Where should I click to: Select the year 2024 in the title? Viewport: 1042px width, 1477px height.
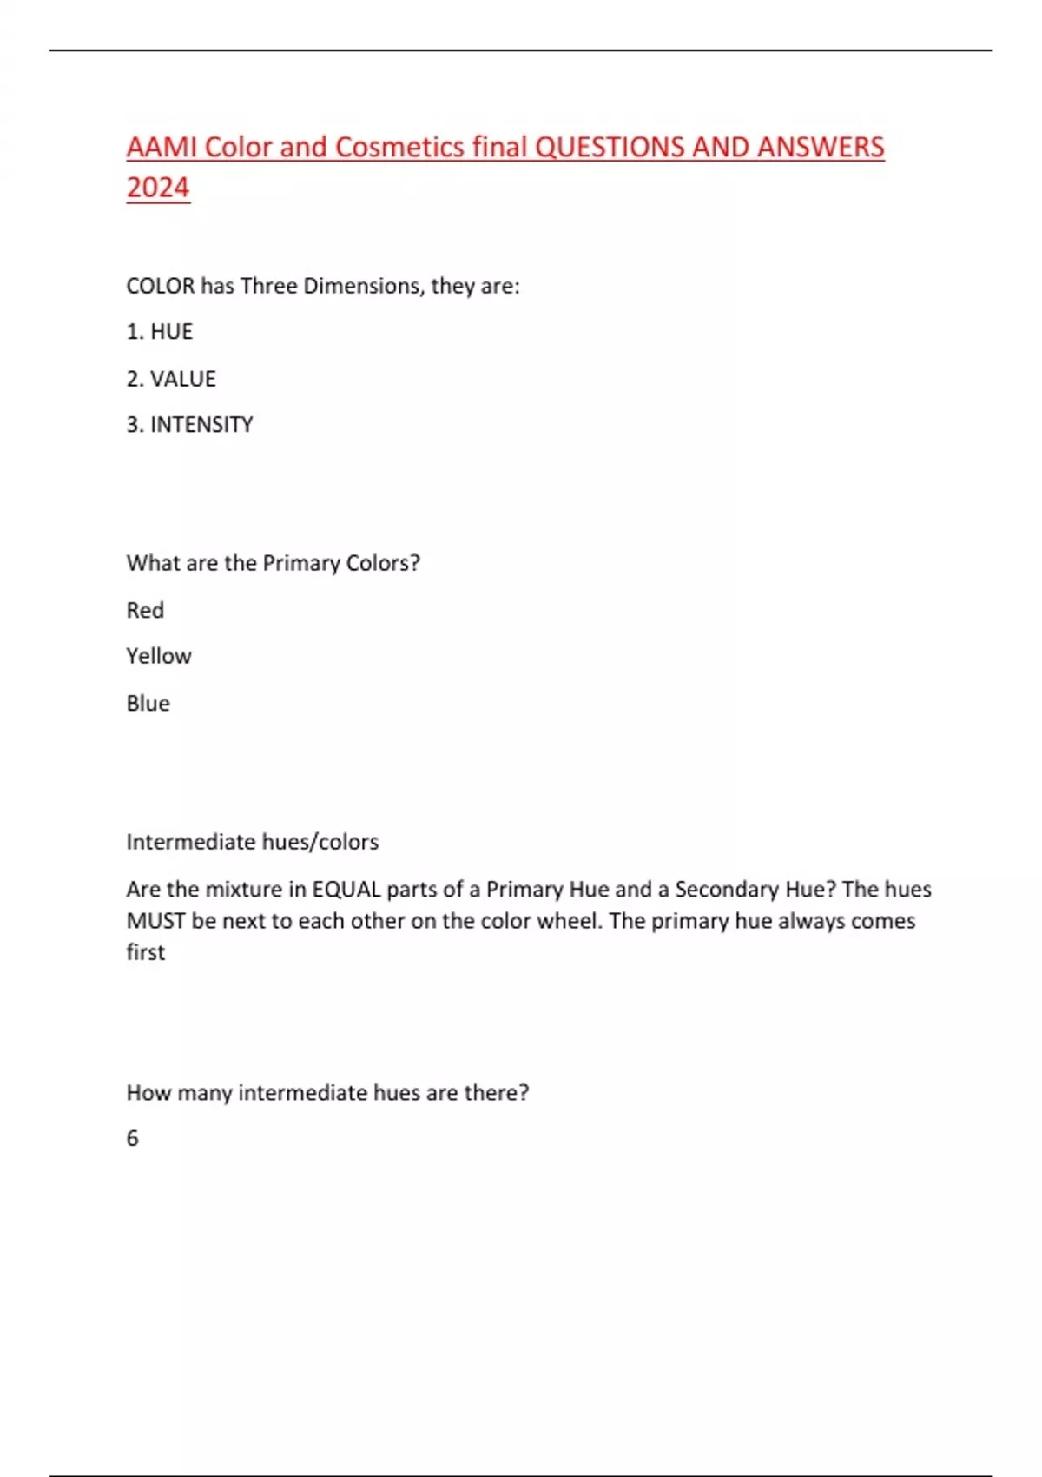point(157,188)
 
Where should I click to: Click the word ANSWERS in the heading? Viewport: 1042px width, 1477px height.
point(821,147)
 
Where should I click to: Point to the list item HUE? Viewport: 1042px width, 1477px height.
point(171,332)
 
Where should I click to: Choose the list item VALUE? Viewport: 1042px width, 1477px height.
point(182,379)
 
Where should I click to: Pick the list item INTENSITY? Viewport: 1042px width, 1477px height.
point(201,425)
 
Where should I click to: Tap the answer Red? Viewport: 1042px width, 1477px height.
point(145,610)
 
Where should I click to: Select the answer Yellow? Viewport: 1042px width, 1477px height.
point(159,656)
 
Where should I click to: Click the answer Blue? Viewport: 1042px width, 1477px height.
point(148,703)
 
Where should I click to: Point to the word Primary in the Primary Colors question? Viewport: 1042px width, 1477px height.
point(300,563)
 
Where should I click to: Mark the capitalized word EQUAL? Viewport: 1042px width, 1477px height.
point(346,890)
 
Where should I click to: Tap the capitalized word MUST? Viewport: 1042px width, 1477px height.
point(155,921)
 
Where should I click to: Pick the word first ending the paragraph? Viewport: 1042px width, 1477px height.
point(145,952)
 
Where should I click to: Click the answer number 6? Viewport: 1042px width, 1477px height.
point(133,1138)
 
